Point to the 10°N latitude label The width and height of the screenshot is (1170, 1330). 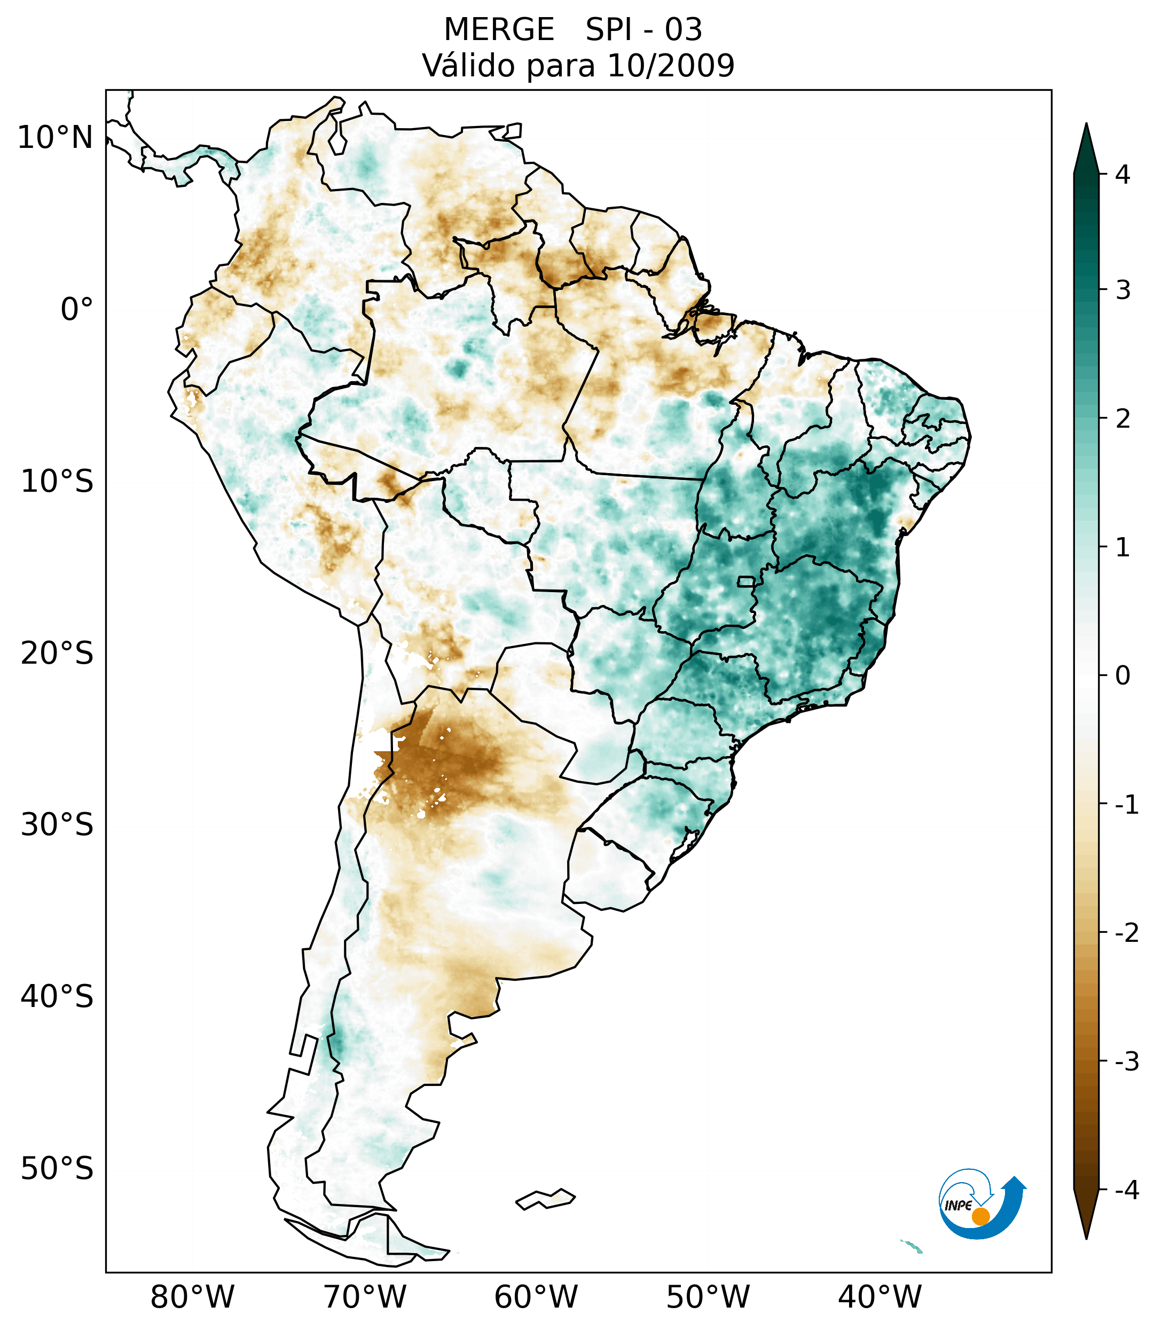click(56, 138)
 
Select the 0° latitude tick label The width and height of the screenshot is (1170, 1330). click(77, 310)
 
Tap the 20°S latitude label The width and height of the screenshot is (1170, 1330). click(57, 654)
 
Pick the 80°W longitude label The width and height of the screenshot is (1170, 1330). click(193, 1297)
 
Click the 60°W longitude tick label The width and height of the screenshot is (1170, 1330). click(536, 1297)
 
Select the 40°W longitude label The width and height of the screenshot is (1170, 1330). click(880, 1297)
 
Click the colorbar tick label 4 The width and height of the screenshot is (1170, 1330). click(1122, 175)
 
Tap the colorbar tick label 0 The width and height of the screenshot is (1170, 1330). click(1122, 676)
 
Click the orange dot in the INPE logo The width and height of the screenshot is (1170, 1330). click(980, 1216)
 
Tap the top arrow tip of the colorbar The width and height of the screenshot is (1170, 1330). click(1086, 125)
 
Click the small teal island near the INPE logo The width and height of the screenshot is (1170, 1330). click(914, 1247)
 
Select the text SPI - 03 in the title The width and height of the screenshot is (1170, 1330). click(644, 30)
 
